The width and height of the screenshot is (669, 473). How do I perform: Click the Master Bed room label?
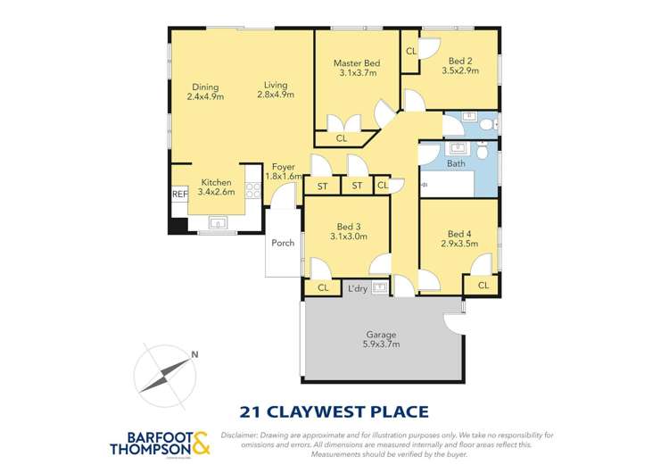357,63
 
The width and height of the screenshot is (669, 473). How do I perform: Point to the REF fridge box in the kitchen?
178,195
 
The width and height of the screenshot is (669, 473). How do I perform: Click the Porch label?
283,242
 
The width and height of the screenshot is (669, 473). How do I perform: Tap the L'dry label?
358,287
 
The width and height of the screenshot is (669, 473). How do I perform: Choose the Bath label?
456,163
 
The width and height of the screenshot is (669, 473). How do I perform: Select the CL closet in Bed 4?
483,286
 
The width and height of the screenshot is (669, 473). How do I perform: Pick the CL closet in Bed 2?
410,52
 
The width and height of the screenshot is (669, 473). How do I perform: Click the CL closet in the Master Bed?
341,138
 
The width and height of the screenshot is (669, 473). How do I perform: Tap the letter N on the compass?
194,355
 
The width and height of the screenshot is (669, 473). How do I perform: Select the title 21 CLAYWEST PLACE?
334,411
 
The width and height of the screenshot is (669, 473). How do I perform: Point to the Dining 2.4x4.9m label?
204,91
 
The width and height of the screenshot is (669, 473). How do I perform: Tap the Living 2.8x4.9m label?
276,89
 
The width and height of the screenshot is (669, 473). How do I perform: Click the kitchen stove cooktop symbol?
253,190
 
